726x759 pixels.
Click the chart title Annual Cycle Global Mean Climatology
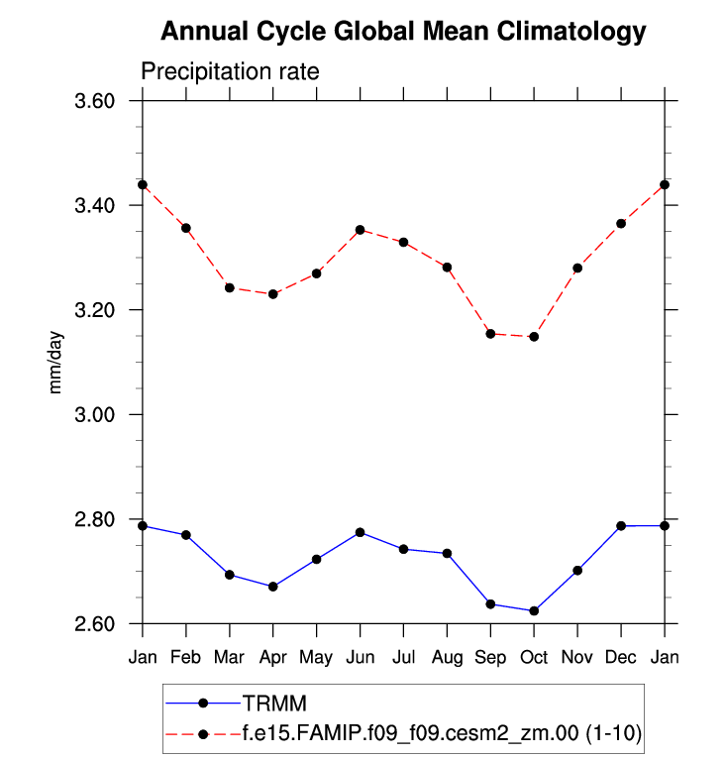coord(402,32)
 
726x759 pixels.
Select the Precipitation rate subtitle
coord(229,72)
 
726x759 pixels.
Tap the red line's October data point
coord(534,337)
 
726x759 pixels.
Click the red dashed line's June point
coord(360,230)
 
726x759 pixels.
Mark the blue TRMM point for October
coord(534,611)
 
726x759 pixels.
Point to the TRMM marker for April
coord(272,587)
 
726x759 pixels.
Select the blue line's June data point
coord(360,532)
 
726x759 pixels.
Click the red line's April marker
coord(272,294)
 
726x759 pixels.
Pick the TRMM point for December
coord(621,526)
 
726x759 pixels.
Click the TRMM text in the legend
coord(276,704)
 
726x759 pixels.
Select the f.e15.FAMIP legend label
coord(442,734)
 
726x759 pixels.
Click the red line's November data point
coord(577,268)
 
